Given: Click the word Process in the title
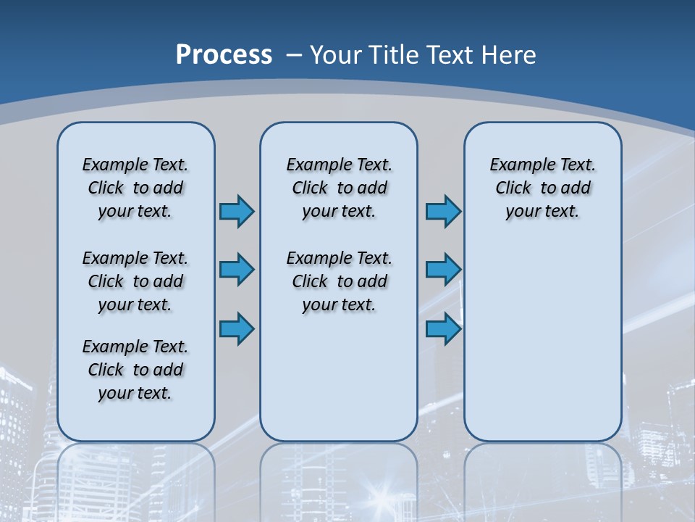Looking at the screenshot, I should (224, 54).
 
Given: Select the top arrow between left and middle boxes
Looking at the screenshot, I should (237, 212).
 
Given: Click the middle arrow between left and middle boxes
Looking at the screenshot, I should (237, 270).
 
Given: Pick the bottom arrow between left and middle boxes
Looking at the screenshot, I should (237, 329).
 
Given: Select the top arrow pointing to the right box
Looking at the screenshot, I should (443, 212).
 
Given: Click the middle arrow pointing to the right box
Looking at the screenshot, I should (443, 270).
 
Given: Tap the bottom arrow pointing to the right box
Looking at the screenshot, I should (443, 329).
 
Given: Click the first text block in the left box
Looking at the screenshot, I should (135, 188).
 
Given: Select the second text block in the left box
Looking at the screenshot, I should (135, 281).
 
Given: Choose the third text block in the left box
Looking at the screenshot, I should (135, 370).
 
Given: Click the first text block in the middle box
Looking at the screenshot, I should (339, 188).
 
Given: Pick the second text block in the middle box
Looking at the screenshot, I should (339, 281).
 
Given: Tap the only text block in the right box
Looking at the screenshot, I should (543, 188).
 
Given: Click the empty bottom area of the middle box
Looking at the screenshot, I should (339, 384).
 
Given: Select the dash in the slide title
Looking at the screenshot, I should (294, 54).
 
